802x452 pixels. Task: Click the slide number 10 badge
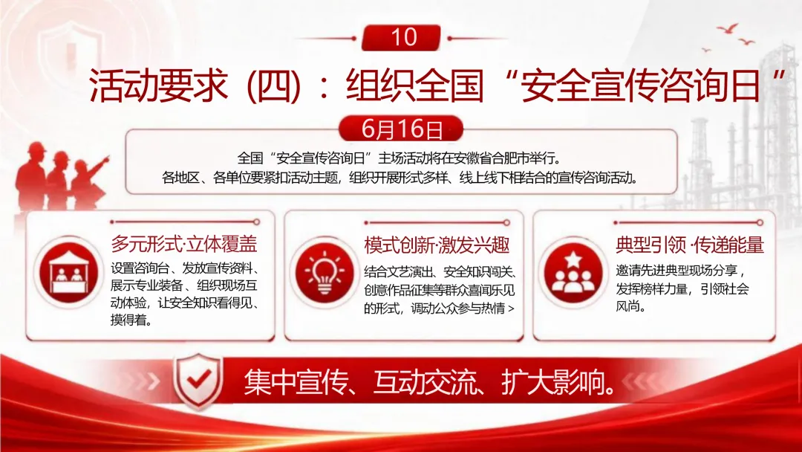click(x=401, y=37)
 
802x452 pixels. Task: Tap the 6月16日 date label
click(x=401, y=129)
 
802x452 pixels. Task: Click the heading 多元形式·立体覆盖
click(x=184, y=244)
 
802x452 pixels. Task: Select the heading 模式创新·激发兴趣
click(x=437, y=245)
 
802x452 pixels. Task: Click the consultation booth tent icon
click(x=68, y=272)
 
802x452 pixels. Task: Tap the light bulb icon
click(x=325, y=273)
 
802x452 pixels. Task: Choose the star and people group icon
click(x=573, y=273)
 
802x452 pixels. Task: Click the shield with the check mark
click(x=198, y=380)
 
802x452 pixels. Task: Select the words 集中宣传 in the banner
click(x=296, y=382)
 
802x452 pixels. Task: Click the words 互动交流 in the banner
click(x=425, y=382)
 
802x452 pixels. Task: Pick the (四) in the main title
click(x=273, y=85)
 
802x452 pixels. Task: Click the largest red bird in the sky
click(x=728, y=28)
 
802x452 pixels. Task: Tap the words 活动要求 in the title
click(x=158, y=85)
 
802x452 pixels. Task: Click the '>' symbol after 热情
click(x=512, y=309)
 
